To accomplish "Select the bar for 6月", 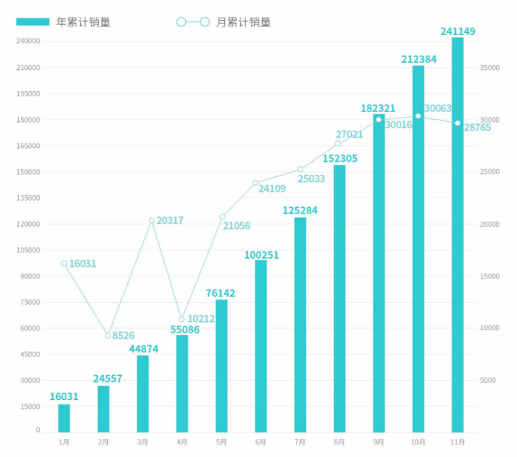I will click(261, 346).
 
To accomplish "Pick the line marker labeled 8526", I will click(108, 336).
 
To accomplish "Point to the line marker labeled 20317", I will click(152, 221).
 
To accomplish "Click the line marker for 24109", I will click(255, 183).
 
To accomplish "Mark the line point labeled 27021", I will click(338, 144).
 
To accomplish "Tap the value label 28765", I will click(477, 127).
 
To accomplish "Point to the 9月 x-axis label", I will click(378, 442).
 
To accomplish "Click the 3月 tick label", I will click(142, 442).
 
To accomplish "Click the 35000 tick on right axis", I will click(491, 67).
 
